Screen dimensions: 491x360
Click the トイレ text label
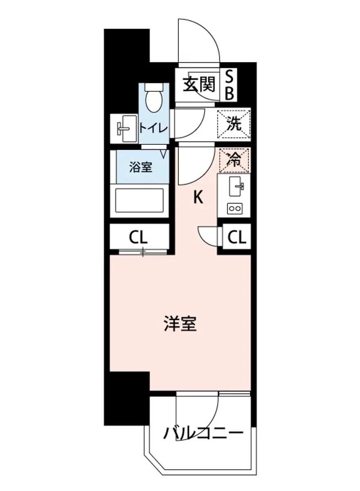[153, 127]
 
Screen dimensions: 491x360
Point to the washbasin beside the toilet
[124, 128]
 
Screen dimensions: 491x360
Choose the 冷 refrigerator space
[234, 159]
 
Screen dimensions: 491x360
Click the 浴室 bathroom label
[141, 167]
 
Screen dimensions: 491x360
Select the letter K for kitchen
[198, 198]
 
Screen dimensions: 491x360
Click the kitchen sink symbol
[236, 187]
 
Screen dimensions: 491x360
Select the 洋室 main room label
[180, 324]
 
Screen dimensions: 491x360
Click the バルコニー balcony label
[203, 432]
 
